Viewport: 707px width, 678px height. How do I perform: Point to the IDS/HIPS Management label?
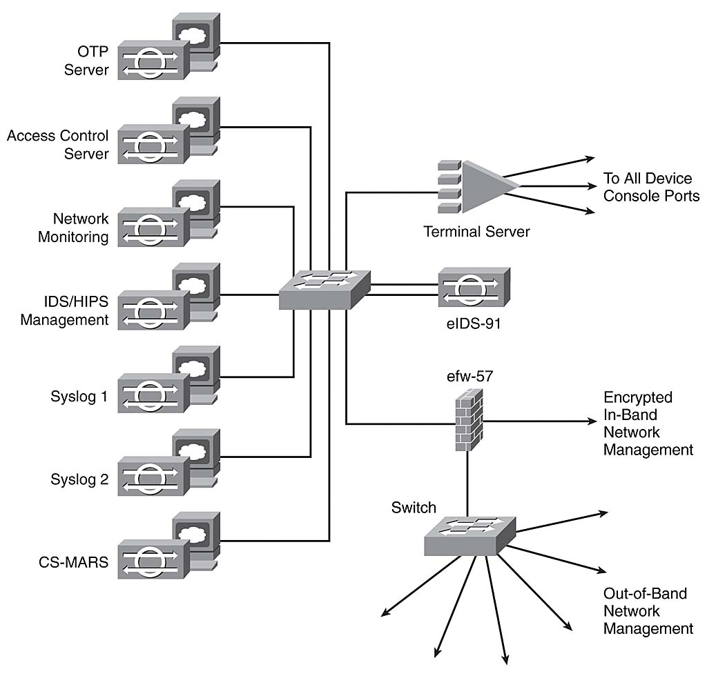point(65,310)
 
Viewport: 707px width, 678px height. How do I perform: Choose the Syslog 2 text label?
point(79,479)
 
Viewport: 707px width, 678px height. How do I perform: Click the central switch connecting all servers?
point(325,288)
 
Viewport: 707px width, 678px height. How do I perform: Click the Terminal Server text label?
point(476,232)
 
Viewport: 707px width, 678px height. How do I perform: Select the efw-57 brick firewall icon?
point(469,419)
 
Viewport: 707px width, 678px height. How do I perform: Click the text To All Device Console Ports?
point(651,188)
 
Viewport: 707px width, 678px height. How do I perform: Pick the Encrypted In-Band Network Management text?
point(648,423)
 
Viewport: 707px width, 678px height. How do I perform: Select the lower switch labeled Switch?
point(469,535)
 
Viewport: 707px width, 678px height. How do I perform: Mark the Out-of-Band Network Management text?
point(648,610)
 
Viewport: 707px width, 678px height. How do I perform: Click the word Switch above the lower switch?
point(414,508)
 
